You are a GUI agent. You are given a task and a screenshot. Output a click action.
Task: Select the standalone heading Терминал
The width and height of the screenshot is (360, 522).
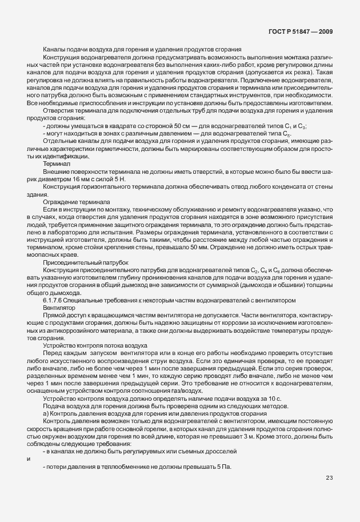click(x=56, y=163)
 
